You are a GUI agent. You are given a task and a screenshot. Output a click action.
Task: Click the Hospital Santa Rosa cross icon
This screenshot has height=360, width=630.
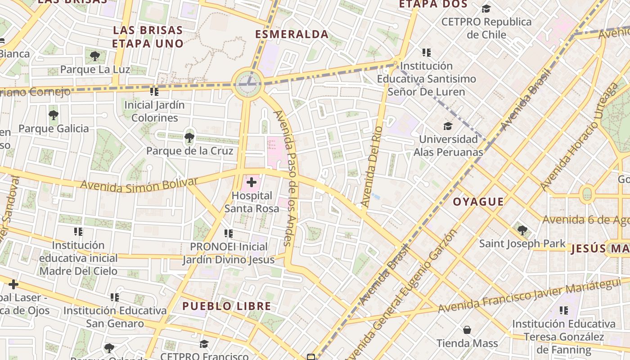tap(252, 182)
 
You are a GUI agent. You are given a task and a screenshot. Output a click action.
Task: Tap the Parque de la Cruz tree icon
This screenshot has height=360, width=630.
tap(189, 137)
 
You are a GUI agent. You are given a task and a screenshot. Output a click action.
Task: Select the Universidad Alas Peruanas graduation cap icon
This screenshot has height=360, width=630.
tap(448, 126)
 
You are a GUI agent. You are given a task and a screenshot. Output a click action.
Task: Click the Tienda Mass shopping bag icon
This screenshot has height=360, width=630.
tap(467, 330)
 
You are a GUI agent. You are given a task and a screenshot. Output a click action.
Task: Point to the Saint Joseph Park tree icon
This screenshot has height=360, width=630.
tap(522, 230)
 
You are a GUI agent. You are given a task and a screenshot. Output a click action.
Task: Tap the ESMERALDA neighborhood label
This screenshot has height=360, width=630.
tap(292, 34)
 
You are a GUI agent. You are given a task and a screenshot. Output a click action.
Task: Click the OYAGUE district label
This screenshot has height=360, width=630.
tap(478, 202)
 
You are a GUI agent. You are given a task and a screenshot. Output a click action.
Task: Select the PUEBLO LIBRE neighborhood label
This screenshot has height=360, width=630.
tap(226, 306)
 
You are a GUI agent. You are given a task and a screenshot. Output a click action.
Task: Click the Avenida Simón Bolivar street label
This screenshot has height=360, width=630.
tap(139, 184)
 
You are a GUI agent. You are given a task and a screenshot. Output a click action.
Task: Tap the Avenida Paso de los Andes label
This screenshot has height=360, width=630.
tap(289, 178)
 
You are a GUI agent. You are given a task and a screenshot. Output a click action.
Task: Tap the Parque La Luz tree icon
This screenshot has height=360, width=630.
tap(94, 56)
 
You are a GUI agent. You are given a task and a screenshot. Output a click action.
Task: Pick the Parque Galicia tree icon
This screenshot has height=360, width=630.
tap(54, 115)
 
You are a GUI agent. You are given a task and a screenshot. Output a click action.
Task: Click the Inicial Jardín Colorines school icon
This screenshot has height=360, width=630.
tap(154, 92)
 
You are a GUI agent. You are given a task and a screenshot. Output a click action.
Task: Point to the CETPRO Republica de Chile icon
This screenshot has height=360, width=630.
tap(486, 9)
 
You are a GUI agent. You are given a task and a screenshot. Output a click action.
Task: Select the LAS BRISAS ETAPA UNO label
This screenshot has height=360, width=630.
tap(148, 37)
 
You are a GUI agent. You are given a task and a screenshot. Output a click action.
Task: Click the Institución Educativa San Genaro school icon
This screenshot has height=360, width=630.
tap(115, 297)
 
